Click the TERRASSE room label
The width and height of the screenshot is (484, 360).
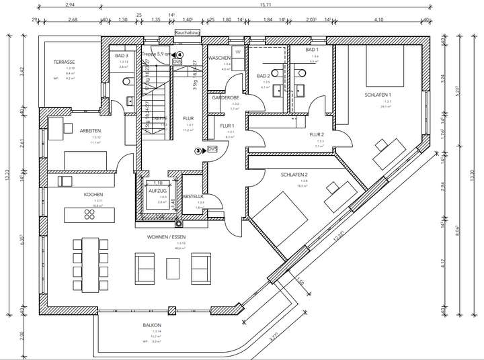point(65,62)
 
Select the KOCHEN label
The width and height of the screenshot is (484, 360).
point(93,194)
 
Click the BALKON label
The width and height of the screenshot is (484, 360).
point(152,325)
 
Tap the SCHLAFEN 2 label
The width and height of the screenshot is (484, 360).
point(294,174)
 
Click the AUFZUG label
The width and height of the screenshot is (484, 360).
point(157,191)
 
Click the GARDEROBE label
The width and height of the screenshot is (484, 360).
point(225,98)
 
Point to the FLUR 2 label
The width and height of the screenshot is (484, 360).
point(317,134)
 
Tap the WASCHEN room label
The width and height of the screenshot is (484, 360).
point(219,58)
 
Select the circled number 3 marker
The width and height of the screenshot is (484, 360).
point(198,151)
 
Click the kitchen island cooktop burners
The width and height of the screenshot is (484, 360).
point(89,215)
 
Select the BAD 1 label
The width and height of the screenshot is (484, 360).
point(312,50)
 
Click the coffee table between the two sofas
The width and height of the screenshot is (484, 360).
point(173,267)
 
